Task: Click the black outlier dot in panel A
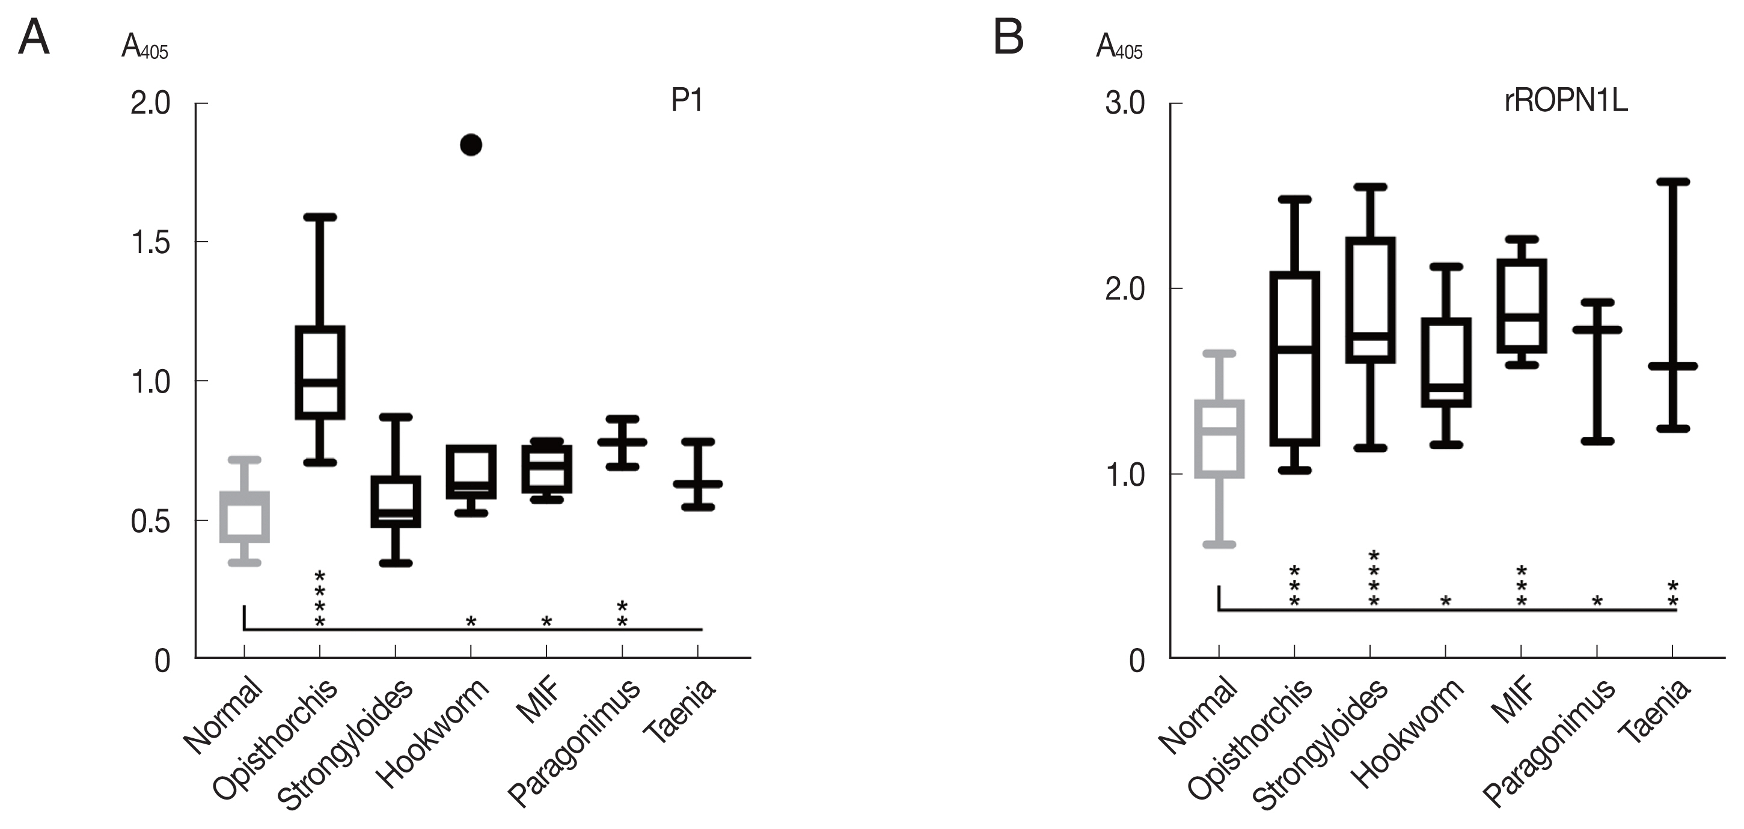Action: point(471,145)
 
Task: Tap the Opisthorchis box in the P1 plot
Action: point(320,373)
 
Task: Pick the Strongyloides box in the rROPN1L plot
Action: point(1370,301)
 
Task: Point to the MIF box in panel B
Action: point(1521,306)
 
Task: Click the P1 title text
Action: point(687,101)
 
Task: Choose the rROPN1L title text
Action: point(1565,101)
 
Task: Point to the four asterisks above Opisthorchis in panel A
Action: point(320,599)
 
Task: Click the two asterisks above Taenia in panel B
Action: point(1672,593)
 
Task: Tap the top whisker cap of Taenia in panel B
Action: point(1672,182)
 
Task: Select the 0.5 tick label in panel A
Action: point(150,522)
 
